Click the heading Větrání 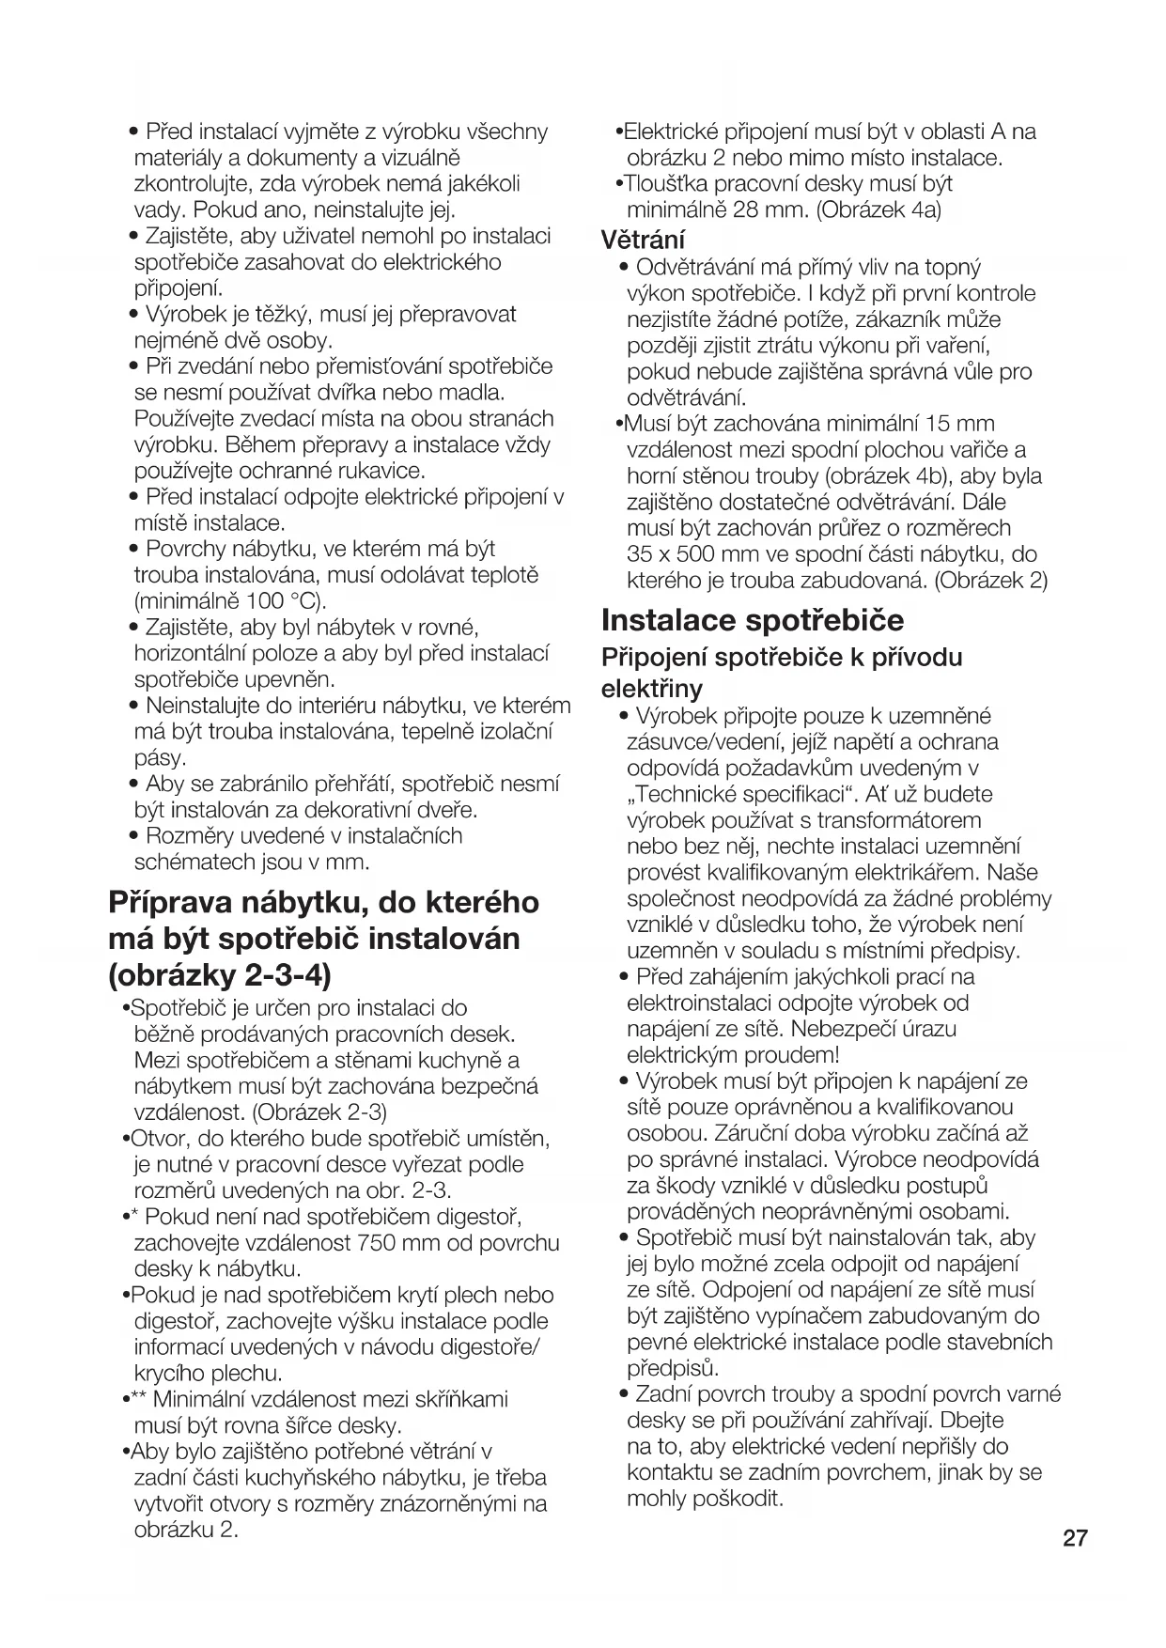coord(644,240)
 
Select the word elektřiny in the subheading coord(652,689)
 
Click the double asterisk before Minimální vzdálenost coord(136,1399)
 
